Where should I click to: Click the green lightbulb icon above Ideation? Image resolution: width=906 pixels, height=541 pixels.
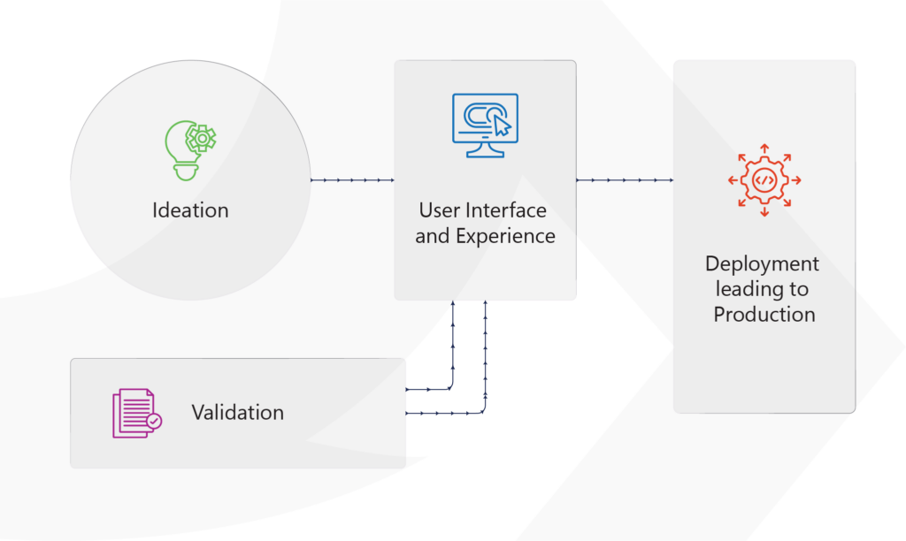pyautogui.click(x=189, y=151)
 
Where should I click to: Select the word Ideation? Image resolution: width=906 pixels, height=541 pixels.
pyautogui.click(x=190, y=210)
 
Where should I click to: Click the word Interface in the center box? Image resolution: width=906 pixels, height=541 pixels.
pyautogui.click(x=503, y=211)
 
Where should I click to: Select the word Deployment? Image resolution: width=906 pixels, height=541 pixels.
pyautogui.click(x=762, y=264)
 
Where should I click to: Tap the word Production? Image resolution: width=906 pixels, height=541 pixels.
pyautogui.click(x=764, y=314)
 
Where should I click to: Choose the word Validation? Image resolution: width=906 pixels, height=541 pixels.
pyautogui.click(x=237, y=413)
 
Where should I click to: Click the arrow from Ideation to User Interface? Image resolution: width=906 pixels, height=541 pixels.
pyautogui.click(x=352, y=180)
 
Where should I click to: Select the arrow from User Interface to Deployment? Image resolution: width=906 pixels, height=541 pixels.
pyautogui.click(x=625, y=180)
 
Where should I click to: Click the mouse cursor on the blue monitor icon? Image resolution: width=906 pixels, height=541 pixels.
pyautogui.click(x=502, y=125)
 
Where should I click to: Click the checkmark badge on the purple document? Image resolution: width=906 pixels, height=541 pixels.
pyautogui.click(x=154, y=422)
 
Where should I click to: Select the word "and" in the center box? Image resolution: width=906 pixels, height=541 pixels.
pyautogui.click(x=433, y=237)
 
